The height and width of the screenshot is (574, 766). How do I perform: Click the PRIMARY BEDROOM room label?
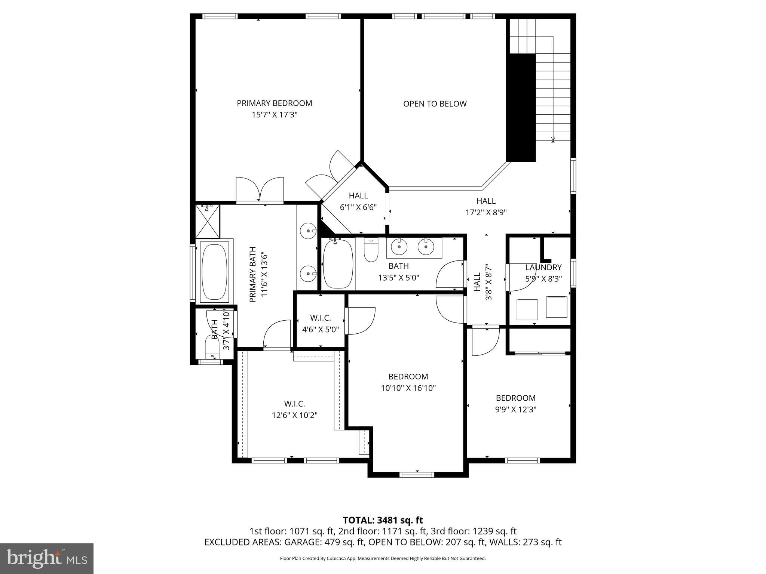point(274,103)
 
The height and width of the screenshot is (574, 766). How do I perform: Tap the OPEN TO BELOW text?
point(435,104)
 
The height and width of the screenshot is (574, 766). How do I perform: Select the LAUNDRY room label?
point(543,268)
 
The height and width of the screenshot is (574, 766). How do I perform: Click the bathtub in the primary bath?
point(214,271)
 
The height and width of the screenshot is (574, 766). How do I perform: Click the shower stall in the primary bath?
point(208,221)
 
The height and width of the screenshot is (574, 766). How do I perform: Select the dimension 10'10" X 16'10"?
point(408,388)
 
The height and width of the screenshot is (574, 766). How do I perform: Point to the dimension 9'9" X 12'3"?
point(515,410)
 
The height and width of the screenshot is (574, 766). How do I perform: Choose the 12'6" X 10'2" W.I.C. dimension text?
point(294,415)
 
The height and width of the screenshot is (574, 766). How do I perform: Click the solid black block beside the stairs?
point(521,108)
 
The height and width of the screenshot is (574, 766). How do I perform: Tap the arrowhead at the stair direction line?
point(553,139)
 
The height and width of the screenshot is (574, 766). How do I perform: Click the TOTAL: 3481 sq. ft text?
point(383,520)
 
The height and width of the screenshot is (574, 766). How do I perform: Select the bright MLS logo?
point(47,558)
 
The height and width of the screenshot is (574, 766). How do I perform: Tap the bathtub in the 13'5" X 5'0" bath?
point(338,264)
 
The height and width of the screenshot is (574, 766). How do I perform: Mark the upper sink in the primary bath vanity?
point(309,231)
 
